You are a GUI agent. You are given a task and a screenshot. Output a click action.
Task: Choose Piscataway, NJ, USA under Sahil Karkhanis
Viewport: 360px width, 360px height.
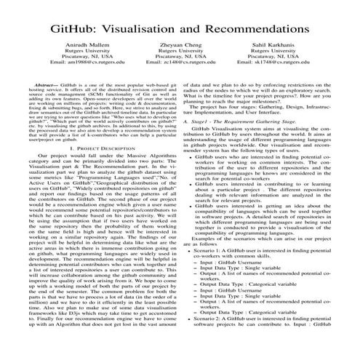point(289,63)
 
